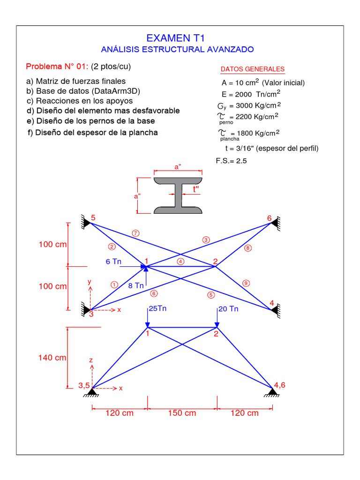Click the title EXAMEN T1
(175, 38)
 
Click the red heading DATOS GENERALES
(252, 69)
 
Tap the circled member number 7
(136, 233)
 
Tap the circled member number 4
(181, 262)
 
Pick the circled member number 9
(246, 283)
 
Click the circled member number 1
(114, 284)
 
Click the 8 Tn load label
(136, 285)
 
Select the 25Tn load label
(157, 308)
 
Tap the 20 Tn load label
(228, 309)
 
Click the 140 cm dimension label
(52, 358)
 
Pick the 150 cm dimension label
(182, 413)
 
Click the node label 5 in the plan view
(93, 218)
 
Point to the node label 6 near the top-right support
(269, 218)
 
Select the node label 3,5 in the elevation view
(84, 386)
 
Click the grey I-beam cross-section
(178, 196)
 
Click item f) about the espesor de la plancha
(93, 133)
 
